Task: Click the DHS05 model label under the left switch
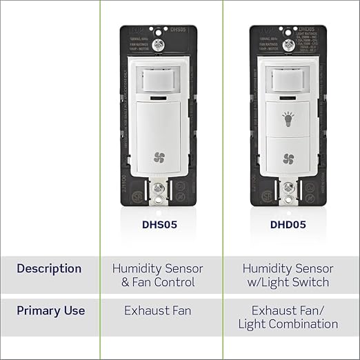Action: click(x=161, y=225)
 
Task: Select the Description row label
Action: click(x=49, y=268)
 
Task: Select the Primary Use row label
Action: click(x=51, y=310)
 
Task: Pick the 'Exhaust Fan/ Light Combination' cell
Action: click(x=288, y=317)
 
